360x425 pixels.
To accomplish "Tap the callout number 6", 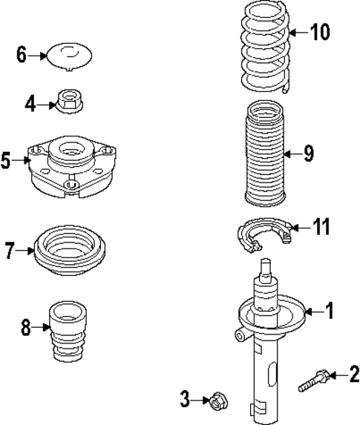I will coord(21,54).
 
